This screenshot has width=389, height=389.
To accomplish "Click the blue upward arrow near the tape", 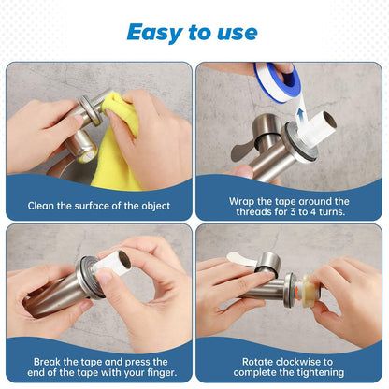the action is pyautogui.click(x=300, y=117).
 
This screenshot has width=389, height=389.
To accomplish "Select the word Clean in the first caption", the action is pyautogui.click(x=40, y=206).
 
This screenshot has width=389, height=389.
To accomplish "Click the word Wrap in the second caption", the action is pyautogui.click(x=241, y=202).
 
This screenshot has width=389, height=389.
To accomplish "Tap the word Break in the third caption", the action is pyautogui.click(x=47, y=362).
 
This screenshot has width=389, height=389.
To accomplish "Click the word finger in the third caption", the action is pyautogui.click(x=162, y=373).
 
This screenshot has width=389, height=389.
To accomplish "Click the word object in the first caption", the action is pyautogui.click(x=156, y=206).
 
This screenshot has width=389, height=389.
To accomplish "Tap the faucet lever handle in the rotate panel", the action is pyautogui.click(x=241, y=260).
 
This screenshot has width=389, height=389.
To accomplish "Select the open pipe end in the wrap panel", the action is pyautogui.click(x=330, y=120).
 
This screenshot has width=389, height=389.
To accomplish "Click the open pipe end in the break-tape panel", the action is pyautogui.click(x=125, y=260).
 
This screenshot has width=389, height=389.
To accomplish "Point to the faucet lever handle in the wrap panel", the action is pyautogui.click(x=240, y=151).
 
